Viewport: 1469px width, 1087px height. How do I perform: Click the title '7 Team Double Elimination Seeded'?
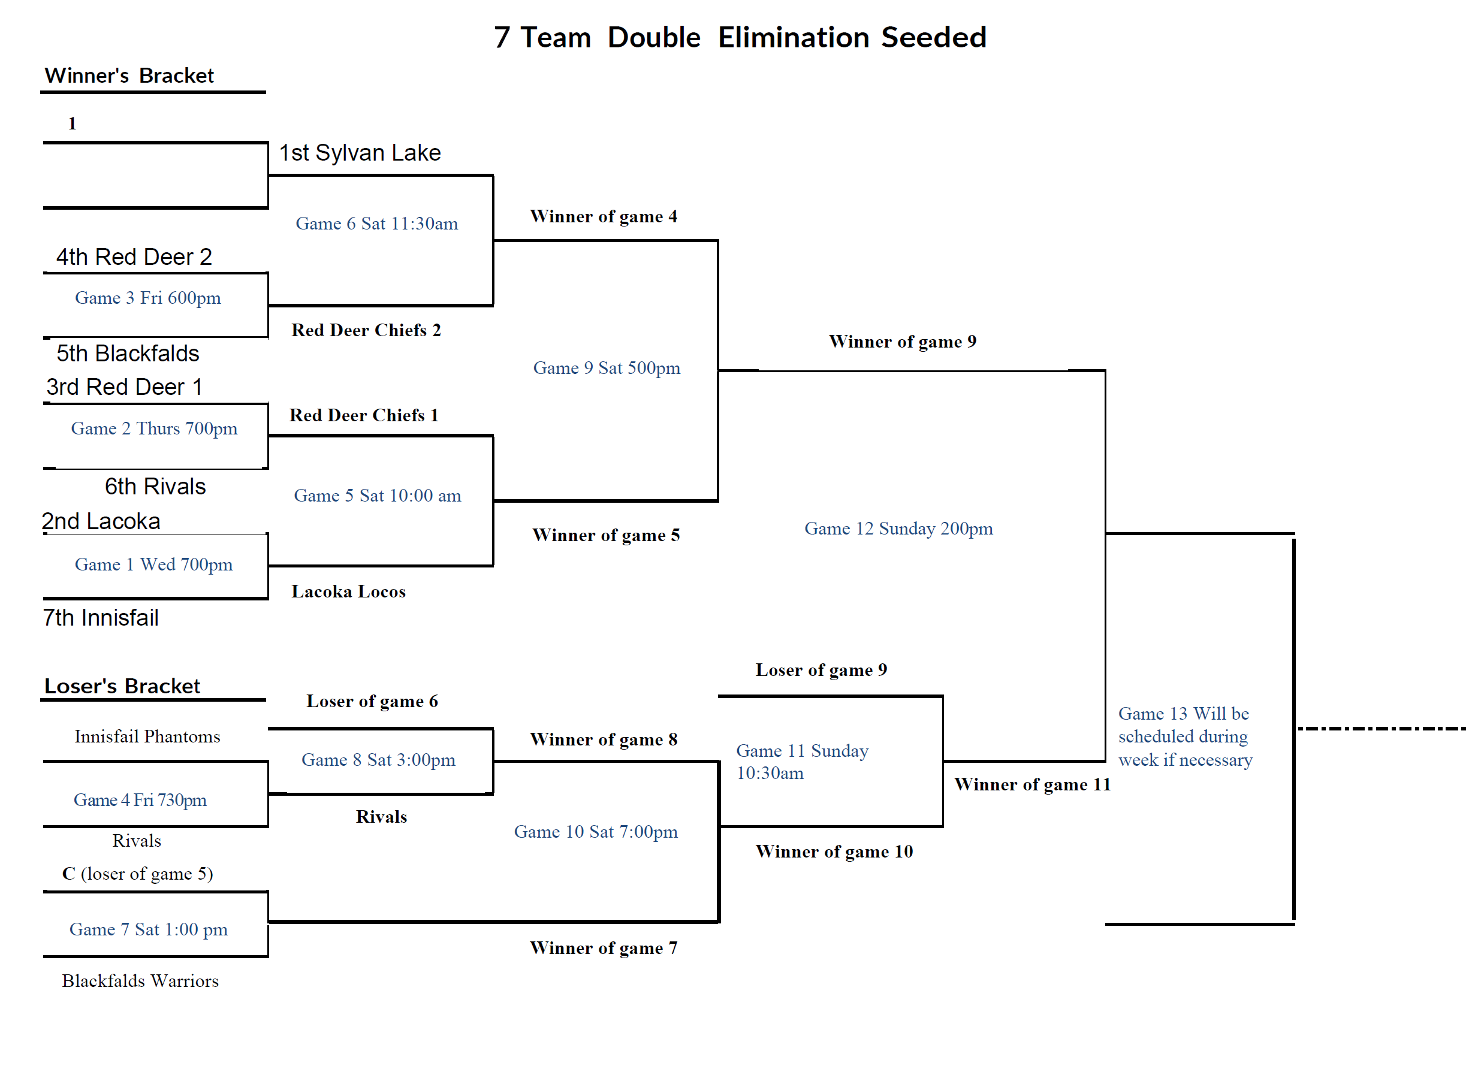click(x=740, y=38)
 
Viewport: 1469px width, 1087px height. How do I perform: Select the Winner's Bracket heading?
click(x=129, y=76)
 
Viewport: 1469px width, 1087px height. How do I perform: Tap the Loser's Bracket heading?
click(x=122, y=686)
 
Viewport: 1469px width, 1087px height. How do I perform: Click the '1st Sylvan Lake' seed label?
click(x=360, y=153)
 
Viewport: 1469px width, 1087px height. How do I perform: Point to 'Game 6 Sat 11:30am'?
click(x=376, y=224)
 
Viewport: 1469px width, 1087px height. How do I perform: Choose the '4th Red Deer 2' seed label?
click(x=134, y=256)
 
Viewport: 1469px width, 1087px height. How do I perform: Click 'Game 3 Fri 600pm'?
click(x=147, y=298)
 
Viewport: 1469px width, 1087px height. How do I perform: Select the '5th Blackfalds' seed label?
click(x=128, y=354)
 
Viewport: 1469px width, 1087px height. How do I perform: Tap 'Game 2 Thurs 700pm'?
click(x=154, y=429)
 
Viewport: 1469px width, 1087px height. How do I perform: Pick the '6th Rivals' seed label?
click(x=155, y=486)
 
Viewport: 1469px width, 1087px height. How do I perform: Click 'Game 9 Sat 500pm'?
click(x=606, y=368)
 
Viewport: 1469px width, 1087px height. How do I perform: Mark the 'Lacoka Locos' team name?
click(x=348, y=591)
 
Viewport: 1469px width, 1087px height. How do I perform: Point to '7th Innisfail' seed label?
click(x=101, y=618)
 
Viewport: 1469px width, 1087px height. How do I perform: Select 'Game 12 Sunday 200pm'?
click(x=898, y=529)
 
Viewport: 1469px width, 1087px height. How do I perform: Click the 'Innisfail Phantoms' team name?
click(x=147, y=736)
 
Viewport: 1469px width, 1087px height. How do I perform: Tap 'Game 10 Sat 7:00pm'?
click(x=596, y=832)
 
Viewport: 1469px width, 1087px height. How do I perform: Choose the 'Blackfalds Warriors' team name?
click(x=140, y=981)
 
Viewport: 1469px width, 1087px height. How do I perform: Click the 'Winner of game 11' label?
click(x=1032, y=784)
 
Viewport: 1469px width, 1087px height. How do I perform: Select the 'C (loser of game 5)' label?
click(x=138, y=874)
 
